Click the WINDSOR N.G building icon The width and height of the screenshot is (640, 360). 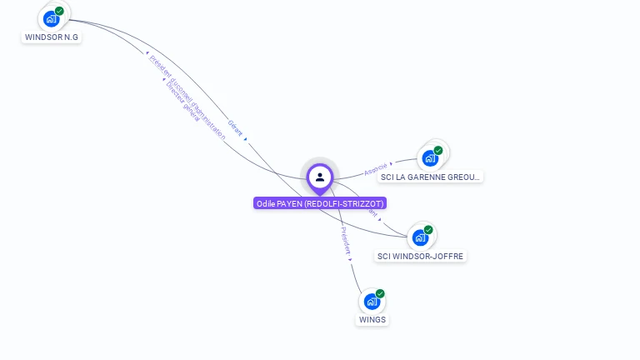(x=51, y=18)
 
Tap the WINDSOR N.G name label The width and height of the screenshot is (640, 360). (x=52, y=37)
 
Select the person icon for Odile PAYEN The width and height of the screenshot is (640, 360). (x=320, y=177)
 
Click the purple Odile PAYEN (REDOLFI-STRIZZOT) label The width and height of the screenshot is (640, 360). (x=320, y=203)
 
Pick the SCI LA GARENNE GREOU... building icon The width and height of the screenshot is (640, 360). (x=430, y=157)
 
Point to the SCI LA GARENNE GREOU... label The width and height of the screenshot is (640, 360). (x=430, y=177)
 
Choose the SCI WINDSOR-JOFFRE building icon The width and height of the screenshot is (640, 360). (x=420, y=237)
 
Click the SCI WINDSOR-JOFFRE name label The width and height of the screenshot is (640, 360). (x=420, y=256)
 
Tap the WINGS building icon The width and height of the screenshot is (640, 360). (x=372, y=301)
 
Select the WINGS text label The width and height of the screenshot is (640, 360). (x=372, y=320)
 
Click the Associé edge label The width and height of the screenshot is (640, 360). (x=376, y=169)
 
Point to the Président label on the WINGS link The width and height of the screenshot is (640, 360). (x=346, y=239)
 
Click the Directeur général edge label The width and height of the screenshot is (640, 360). (x=183, y=100)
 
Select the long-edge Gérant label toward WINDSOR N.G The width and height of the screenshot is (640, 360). (x=235, y=127)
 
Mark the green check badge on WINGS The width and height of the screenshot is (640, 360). (x=380, y=293)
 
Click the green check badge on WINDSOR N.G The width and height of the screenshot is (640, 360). (x=59, y=11)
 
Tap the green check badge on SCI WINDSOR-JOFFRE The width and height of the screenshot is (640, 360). (x=428, y=229)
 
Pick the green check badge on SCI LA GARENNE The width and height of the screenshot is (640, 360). (x=438, y=150)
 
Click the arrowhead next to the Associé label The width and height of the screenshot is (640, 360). (x=391, y=164)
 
